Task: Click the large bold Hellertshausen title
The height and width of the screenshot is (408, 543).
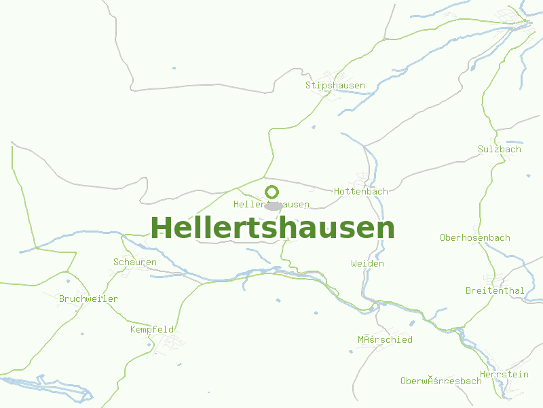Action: (272, 228)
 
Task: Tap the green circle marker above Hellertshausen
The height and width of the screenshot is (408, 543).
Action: (271, 192)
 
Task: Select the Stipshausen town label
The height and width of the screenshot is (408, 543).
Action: (335, 86)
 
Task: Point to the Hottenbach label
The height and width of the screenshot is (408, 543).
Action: (360, 192)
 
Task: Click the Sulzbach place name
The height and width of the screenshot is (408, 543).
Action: (499, 150)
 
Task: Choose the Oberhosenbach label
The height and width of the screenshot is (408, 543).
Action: (474, 238)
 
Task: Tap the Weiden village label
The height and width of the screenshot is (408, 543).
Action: (367, 264)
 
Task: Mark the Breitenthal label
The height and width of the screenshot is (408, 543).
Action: (494, 291)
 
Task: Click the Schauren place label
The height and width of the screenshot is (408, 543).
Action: (134, 262)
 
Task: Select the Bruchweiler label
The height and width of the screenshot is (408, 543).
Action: (88, 299)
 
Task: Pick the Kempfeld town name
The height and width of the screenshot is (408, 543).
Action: (152, 330)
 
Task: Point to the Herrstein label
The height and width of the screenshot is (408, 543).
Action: (504, 375)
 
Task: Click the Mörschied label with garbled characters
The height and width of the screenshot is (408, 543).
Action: (385, 340)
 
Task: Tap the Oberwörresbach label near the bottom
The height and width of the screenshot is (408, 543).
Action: (441, 381)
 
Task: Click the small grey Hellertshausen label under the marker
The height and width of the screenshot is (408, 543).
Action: (271, 205)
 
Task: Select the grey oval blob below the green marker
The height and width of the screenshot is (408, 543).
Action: (273, 205)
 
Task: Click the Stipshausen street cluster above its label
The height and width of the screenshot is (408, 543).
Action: (335, 75)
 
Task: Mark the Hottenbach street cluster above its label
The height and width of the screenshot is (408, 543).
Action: (364, 180)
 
